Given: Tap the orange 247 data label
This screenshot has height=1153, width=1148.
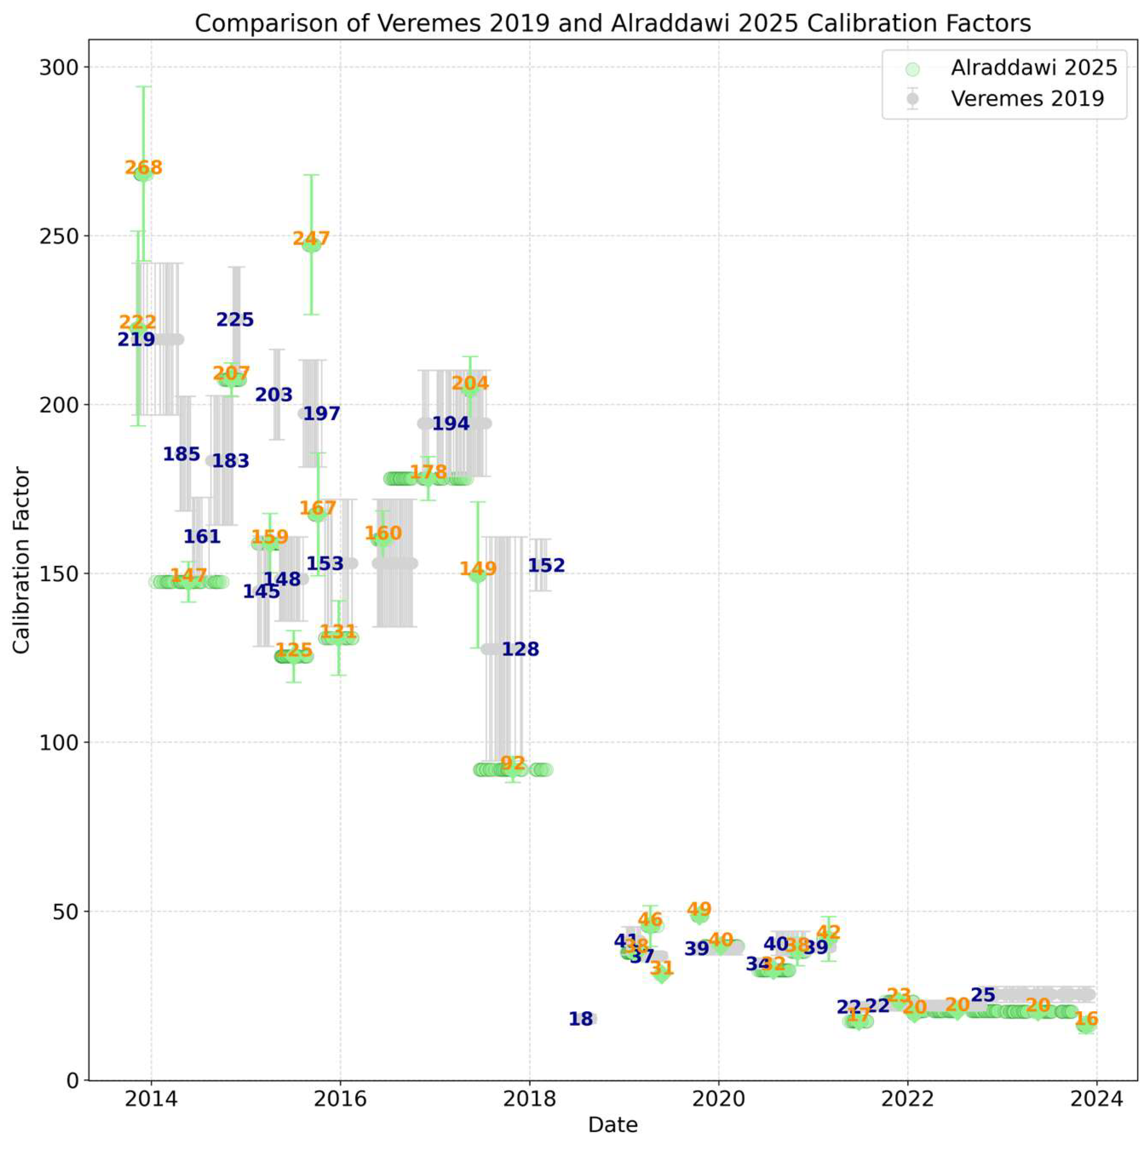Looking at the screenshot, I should click(x=311, y=239).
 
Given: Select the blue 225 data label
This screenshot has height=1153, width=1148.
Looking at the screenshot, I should click(x=235, y=320).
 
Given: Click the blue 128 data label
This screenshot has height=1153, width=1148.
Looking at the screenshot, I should click(x=520, y=649).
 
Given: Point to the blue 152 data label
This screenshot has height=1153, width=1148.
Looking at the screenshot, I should click(x=546, y=565).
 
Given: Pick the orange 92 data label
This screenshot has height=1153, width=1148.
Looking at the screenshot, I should click(x=513, y=763).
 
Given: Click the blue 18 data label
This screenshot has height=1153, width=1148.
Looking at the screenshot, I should click(x=581, y=1018).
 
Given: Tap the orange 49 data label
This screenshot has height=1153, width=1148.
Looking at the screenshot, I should click(x=699, y=909).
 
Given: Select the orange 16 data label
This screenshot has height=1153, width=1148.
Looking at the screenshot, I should click(x=1086, y=1018).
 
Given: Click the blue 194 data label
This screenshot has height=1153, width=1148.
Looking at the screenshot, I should click(x=451, y=424).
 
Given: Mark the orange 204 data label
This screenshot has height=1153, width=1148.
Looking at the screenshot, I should click(x=470, y=383).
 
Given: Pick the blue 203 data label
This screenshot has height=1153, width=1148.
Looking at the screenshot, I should click(x=274, y=395).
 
